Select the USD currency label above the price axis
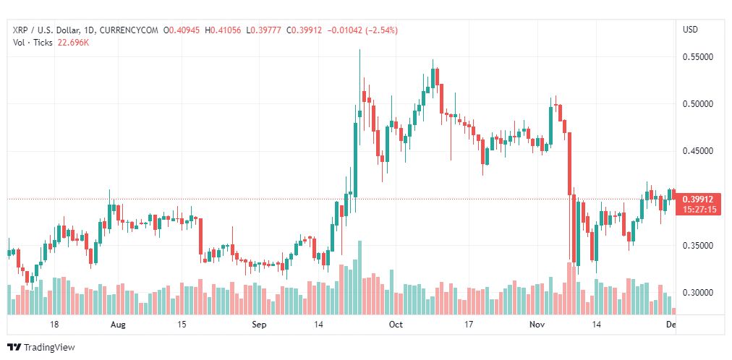click(690, 30)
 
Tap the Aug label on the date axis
click(118, 325)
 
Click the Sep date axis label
click(260, 325)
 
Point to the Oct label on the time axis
click(395, 325)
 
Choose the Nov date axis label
click(537, 325)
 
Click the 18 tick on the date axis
click(54, 325)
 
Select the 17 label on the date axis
click(469, 325)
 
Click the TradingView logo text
click(49, 348)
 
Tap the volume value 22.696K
click(73, 43)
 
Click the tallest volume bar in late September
click(359, 278)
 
